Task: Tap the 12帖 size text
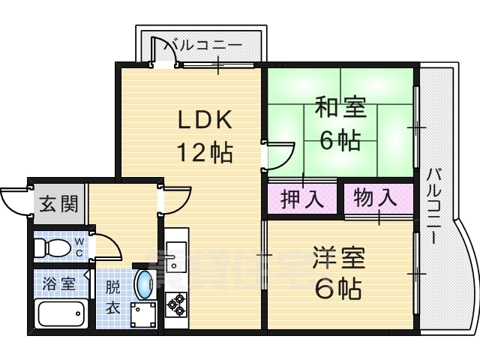click(x=205, y=152)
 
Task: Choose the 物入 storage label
click(x=374, y=199)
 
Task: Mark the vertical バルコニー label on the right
click(x=435, y=205)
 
